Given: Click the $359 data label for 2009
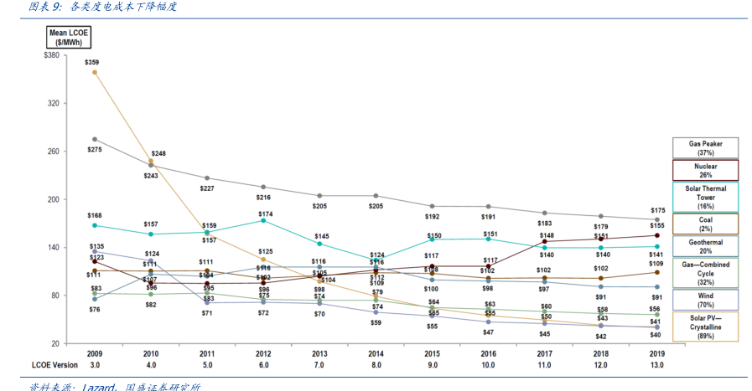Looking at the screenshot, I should (92, 62).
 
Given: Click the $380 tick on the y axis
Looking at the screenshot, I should (50, 55).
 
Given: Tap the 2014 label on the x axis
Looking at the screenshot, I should (376, 353).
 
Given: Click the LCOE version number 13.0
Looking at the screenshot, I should (657, 364).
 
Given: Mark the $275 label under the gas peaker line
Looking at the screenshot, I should (94, 149).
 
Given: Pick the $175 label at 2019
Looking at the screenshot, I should (657, 210).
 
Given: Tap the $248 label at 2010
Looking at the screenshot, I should (158, 153).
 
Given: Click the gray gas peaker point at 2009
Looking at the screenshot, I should (94, 139).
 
